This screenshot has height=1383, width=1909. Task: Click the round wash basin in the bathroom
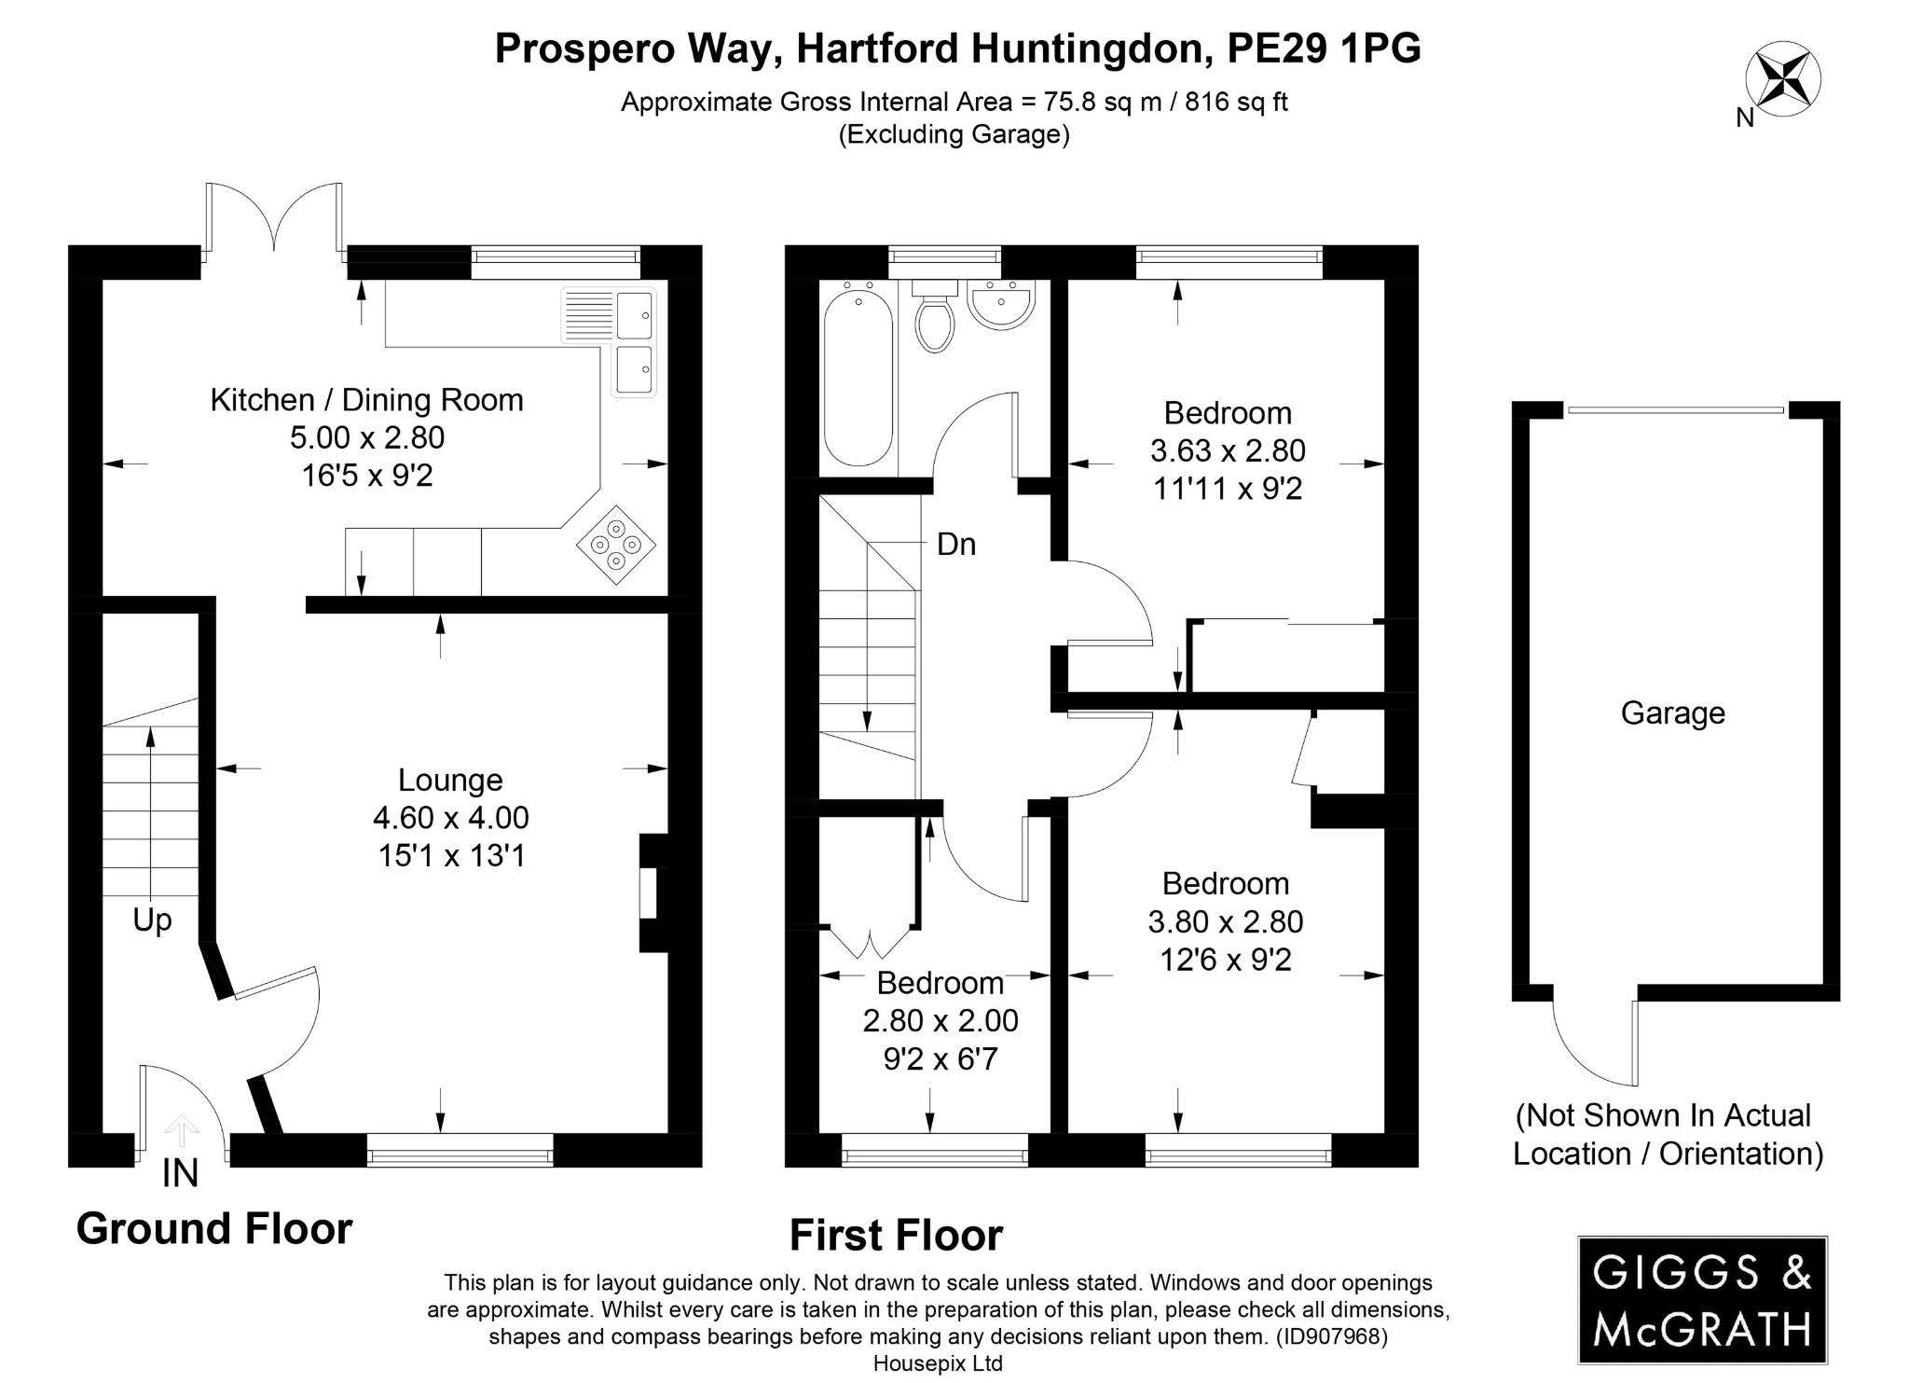(999, 306)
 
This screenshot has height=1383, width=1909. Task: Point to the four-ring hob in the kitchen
(616, 545)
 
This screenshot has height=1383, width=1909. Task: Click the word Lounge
(450, 780)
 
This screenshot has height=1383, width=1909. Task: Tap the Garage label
(1672, 713)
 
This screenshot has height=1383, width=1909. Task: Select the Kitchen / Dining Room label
(366, 400)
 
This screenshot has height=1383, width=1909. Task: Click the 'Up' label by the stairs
(152, 920)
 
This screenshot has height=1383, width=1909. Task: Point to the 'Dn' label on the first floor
(956, 545)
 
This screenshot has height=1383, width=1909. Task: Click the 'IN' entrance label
(180, 1173)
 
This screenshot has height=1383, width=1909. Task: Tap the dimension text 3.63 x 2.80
(1227, 451)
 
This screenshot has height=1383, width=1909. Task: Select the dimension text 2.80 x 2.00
(940, 1021)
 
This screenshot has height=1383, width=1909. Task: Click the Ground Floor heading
(214, 1229)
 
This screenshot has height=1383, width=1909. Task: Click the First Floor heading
(896, 1236)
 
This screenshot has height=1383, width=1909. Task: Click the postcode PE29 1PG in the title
(1324, 48)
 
